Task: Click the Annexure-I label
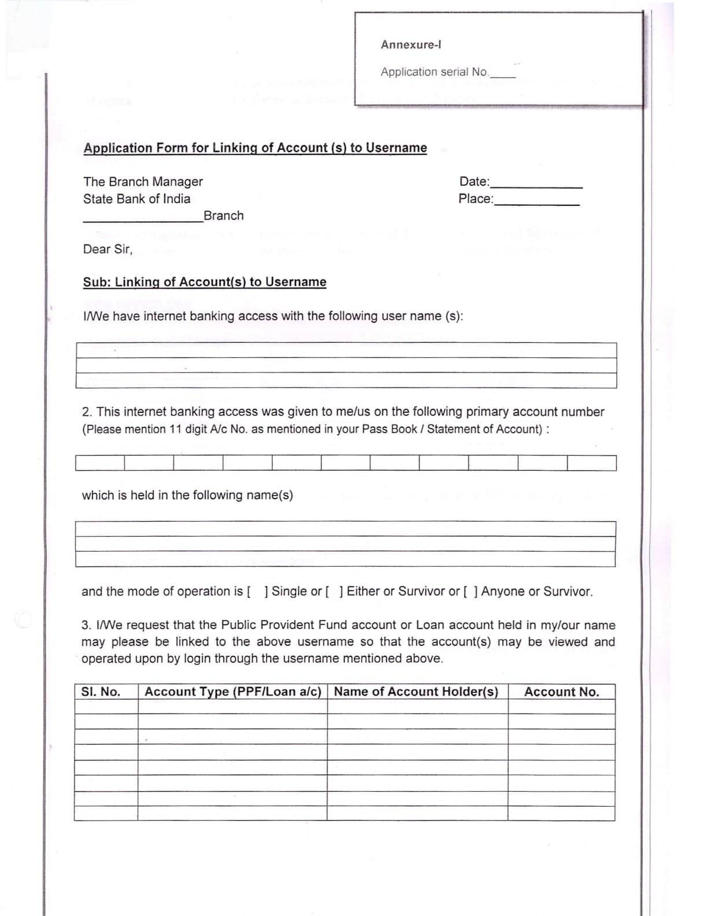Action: (411, 45)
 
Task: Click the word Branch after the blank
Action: (223, 216)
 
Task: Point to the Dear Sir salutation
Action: (108, 249)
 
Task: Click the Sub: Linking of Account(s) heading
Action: (204, 282)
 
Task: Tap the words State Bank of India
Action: (137, 199)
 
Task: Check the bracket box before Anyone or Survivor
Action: (470, 592)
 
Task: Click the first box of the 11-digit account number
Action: (99, 463)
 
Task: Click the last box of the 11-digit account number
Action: (591, 463)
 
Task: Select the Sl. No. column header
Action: (101, 692)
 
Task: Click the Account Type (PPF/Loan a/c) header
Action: (233, 692)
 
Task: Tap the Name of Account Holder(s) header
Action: (416, 692)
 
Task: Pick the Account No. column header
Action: (561, 692)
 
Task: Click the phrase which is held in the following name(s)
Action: (187, 496)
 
